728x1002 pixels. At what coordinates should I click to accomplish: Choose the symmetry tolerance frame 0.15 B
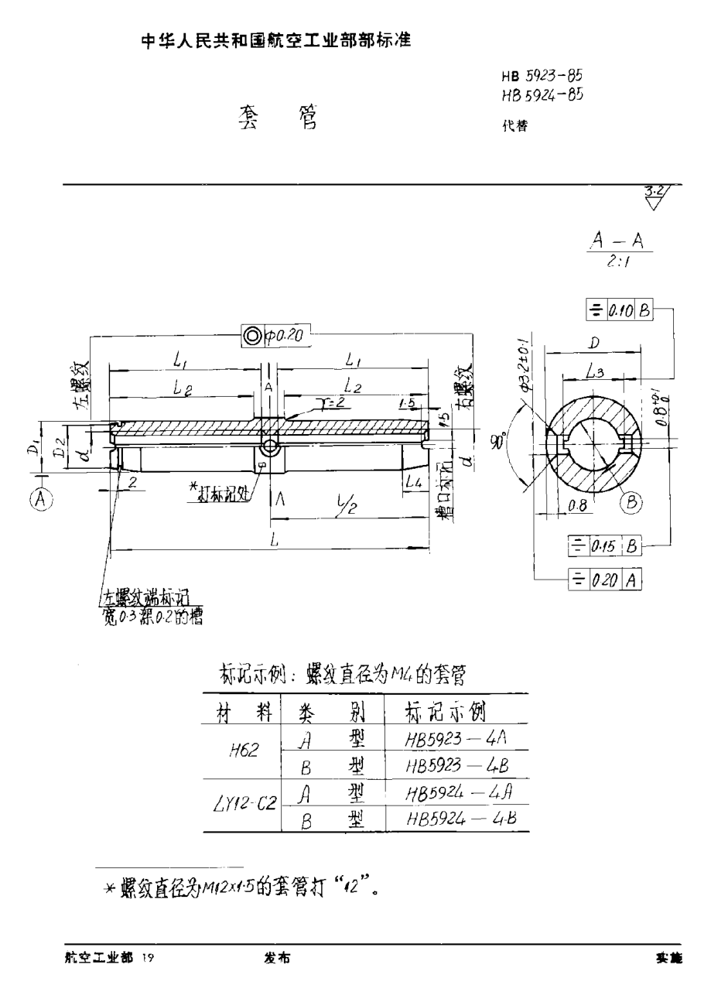pyautogui.click(x=605, y=545)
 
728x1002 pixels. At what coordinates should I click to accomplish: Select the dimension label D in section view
pyautogui.click(x=594, y=342)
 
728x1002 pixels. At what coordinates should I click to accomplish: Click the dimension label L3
pyautogui.click(x=594, y=372)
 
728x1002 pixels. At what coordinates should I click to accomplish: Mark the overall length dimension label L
pyautogui.click(x=275, y=542)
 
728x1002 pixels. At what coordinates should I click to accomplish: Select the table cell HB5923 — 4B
pyautogui.click(x=456, y=765)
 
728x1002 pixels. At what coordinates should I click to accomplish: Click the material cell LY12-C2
pyautogui.click(x=244, y=805)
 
